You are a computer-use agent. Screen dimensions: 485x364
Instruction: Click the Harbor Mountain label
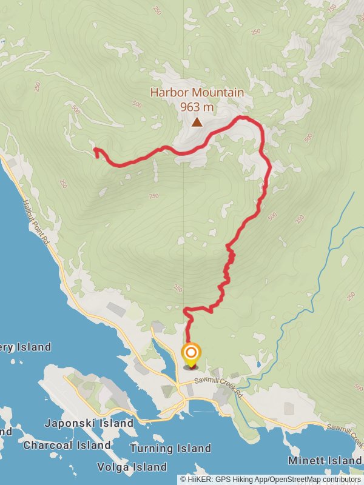(x=197, y=93)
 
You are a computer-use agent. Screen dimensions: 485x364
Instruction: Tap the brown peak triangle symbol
(x=197, y=122)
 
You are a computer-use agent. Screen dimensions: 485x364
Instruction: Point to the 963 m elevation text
(x=197, y=107)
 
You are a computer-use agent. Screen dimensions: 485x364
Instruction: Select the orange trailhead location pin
(x=191, y=355)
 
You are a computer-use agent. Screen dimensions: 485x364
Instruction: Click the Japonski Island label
(x=89, y=423)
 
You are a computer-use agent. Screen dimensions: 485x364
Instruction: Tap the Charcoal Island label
(x=67, y=445)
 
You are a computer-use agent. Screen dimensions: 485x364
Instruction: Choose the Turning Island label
(x=170, y=449)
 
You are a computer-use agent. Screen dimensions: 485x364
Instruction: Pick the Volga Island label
(x=132, y=467)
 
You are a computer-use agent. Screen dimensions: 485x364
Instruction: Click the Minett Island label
(x=326, y=461)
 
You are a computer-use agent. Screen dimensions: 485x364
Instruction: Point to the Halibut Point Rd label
(x=36, y=224)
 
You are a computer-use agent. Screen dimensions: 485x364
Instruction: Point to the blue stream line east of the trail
(x=325, y=255)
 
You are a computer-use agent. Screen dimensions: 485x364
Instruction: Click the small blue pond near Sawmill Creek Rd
(x=258, y=365)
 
